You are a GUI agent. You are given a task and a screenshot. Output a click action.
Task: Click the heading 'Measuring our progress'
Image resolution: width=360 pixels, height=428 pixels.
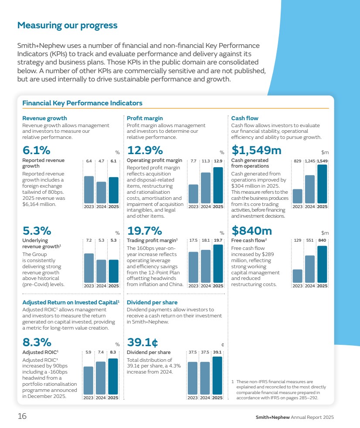(x=67, y=25)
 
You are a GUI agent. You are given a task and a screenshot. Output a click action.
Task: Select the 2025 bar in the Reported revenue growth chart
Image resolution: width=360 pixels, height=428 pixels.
(x=113, y=190)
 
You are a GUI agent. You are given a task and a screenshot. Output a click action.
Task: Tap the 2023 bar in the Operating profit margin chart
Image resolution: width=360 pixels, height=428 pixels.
(x=193, y=194)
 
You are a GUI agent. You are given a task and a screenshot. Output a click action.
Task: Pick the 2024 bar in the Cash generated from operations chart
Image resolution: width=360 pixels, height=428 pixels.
(x=310, y=189)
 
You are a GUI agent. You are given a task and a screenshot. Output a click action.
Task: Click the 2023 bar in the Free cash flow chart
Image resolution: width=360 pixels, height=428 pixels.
(x=298, y=276)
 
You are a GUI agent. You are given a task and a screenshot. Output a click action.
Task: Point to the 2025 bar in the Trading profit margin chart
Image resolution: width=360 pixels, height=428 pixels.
(x=218, y=264)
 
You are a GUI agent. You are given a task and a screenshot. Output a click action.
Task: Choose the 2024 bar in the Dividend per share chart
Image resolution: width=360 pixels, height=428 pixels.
(x=205, y=378)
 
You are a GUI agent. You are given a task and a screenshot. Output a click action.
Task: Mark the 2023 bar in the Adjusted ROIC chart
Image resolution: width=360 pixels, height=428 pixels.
(x=88, y=380)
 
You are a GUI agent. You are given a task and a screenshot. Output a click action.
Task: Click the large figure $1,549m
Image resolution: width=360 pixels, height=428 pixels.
(x=257, y=151)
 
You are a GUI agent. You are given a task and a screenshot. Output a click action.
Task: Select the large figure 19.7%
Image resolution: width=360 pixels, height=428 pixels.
(x=144, y=231)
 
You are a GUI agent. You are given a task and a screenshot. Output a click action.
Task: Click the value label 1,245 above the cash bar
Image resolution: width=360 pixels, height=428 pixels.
(x=310, y=161)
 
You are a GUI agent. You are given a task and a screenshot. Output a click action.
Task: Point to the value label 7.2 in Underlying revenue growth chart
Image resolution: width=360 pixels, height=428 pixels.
(x=88, y=240)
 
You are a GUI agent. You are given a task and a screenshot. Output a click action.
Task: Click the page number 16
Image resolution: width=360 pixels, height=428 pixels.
(x=22, y=416)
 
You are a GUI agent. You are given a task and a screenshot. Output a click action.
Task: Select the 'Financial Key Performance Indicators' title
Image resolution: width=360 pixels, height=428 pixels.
(x=82, y=103)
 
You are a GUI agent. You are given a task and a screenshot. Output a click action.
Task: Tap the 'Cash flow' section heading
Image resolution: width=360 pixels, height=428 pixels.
(x=245, y=118)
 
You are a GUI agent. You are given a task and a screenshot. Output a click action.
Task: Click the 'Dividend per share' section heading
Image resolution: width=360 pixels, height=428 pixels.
(x=152, y=302)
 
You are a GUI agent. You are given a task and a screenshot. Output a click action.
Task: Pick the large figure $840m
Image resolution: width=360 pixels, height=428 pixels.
(x=251, y=231)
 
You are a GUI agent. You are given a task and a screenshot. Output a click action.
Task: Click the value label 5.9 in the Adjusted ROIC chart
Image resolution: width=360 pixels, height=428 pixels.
(x=88, y=352)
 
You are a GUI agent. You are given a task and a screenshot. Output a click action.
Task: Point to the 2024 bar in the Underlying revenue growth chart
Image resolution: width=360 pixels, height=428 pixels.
(x=101, y=271)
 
